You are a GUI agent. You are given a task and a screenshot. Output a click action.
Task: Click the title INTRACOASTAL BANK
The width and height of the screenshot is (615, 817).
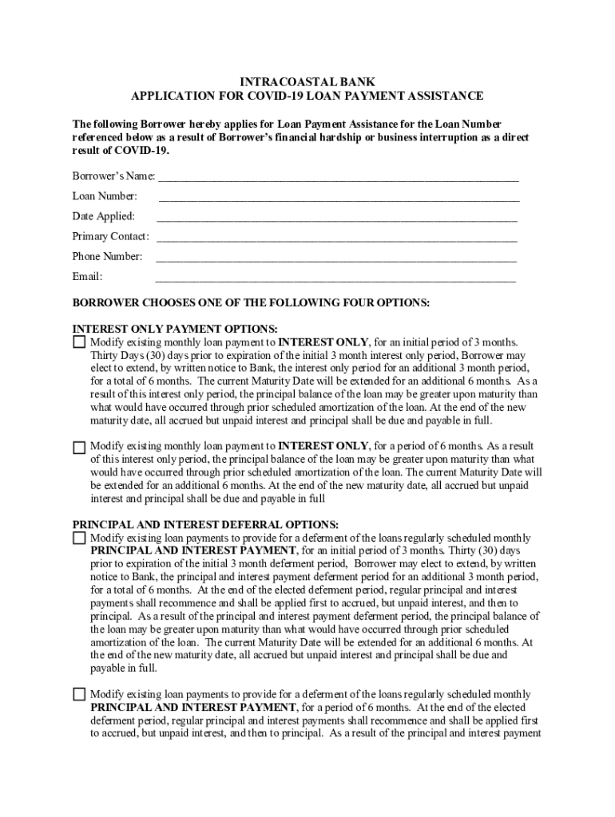(307, 82)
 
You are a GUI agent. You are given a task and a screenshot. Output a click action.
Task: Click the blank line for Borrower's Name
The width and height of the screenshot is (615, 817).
(339, 177)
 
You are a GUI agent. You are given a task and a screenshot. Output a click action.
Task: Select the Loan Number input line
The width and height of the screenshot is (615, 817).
(339, 197)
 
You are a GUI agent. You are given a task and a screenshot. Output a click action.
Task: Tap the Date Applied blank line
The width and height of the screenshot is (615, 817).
(337, 217)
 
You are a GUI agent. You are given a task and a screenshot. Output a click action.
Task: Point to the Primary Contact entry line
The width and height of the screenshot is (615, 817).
(337, 237)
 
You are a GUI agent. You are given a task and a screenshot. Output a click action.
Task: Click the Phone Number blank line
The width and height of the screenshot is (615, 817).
(336, 258)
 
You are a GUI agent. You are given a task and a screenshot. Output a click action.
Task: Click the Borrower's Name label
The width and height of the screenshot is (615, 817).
(113, 176)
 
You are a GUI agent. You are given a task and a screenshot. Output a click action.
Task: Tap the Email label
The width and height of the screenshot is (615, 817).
(87, 277)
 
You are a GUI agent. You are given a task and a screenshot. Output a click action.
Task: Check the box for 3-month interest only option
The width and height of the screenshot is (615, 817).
(79, 342)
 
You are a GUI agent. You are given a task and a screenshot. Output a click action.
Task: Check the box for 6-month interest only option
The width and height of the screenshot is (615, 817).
(79, 447)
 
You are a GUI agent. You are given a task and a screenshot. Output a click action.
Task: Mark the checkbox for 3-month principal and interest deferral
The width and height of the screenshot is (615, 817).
(79, 539)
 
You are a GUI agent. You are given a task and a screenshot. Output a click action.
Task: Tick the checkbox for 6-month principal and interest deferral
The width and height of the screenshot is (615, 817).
(79, 694)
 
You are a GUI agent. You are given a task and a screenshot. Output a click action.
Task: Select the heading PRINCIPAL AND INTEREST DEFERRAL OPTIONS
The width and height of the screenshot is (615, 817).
(205, 525)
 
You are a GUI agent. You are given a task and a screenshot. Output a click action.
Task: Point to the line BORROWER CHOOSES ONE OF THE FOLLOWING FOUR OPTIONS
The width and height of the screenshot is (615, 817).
(251, 303)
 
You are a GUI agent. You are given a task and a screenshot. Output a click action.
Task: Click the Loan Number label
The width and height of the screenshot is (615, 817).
(105, 196)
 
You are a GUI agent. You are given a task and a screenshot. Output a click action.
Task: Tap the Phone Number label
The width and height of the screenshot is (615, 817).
(107, 257)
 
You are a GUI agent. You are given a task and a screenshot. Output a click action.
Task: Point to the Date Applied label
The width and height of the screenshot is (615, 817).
(103, 216)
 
